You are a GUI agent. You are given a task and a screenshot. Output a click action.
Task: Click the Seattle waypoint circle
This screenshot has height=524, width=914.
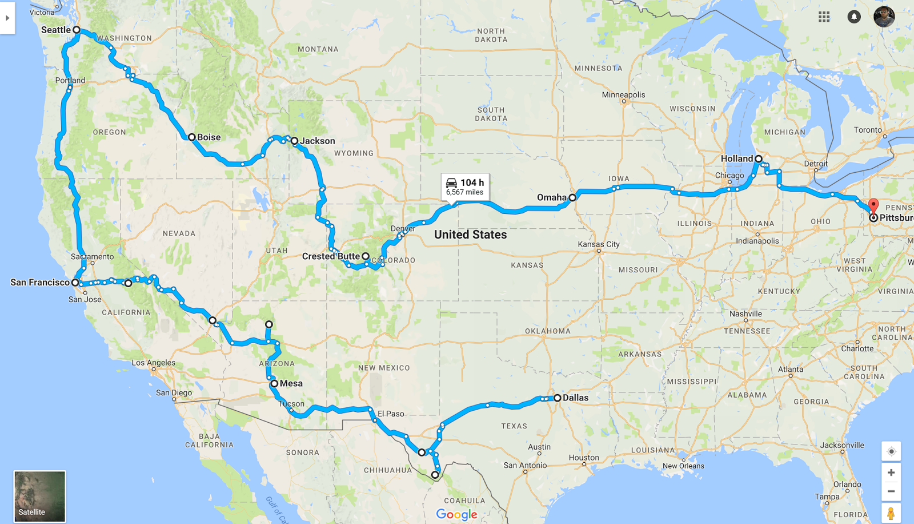pyautogui.click(x=77, y=30)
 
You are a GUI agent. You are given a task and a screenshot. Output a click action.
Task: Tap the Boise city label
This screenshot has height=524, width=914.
pyautogui.click(x=209, y=137)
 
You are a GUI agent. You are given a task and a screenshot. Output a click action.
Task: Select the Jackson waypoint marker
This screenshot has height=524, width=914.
pyautogui.click(x=295, y=141)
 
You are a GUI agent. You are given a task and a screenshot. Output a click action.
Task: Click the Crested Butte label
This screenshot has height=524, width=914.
pyautogui.click(x=331, y=256)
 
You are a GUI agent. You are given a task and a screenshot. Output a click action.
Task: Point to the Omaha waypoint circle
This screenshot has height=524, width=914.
pyautogui.click(x=572, y=197)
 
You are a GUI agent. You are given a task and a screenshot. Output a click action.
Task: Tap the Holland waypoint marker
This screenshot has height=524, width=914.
pyautogui.click(x=759, y=158)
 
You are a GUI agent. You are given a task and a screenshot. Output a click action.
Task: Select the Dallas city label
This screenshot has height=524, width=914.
pyautogui.click(x=575, y=398)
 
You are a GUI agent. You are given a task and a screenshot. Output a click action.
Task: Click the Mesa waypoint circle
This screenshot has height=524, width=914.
pyautogui.click(x=275, y=383)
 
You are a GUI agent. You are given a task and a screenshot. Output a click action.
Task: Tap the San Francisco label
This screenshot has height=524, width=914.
pyautogui.click(x=40, y=283)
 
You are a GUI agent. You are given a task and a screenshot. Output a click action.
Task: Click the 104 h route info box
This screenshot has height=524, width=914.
pyautogui.click(x=465, y=186)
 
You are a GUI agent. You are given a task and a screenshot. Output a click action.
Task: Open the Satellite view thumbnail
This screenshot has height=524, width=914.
pyautogui.click(x=39, y=496)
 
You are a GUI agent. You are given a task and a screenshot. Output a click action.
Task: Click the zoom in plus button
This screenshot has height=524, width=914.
pyautogui.click(x=891, y=473)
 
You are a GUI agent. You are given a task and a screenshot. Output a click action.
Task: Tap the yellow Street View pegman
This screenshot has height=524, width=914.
pyautogui.click(x=891, y=513)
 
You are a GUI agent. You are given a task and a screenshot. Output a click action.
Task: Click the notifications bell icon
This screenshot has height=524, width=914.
pyautogui.click(x=854, y=17)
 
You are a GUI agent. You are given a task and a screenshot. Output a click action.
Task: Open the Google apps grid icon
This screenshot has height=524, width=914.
pyautogui.click(x=824, y=17)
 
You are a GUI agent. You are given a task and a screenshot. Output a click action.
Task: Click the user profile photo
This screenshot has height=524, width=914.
pyautogui.click(x=884, y=17)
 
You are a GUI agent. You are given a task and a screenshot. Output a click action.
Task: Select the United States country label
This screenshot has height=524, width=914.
pyautogui.click(x=470, y=235)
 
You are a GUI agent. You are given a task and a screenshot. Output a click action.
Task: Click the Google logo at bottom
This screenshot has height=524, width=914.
pyautogui.click(x=456, y=514)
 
